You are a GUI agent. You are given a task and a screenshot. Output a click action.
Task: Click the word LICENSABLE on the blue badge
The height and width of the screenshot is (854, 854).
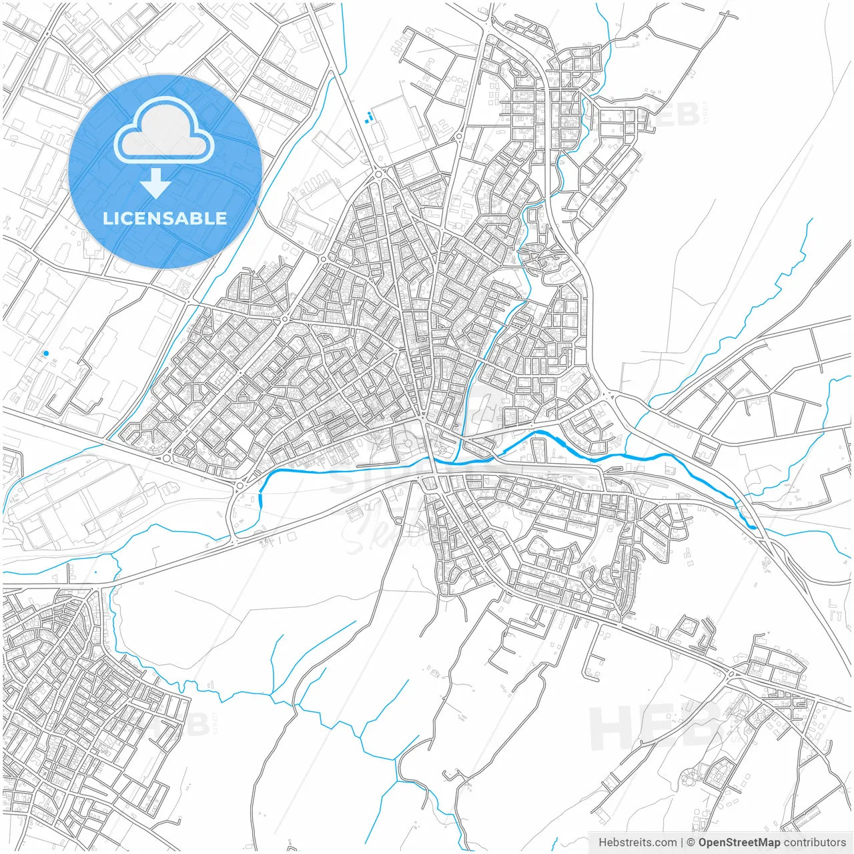pyautogui.click(x=165, y=219)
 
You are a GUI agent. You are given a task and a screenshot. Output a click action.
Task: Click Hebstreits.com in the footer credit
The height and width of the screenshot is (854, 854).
pyautogui.click(x=637, y=843)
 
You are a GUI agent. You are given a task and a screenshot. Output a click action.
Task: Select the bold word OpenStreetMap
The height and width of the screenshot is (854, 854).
pyautogui.click(x=739, y=843)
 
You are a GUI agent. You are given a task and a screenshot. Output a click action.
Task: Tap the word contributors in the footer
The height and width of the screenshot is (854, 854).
pyautogui.click(x=815, y=843)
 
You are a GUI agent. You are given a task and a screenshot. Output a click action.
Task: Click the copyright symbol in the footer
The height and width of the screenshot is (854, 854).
pyautogui.click(x=691, y=843)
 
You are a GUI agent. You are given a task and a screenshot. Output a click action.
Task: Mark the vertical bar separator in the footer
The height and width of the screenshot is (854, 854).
pyautogui.click(x=682, y=843)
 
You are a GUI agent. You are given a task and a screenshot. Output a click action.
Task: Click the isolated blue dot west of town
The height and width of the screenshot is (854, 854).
pyautogui.click(x=46, y=353)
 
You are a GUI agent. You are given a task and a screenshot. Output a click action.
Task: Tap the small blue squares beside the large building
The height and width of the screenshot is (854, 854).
pyautogui.click(x=369, y=118)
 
